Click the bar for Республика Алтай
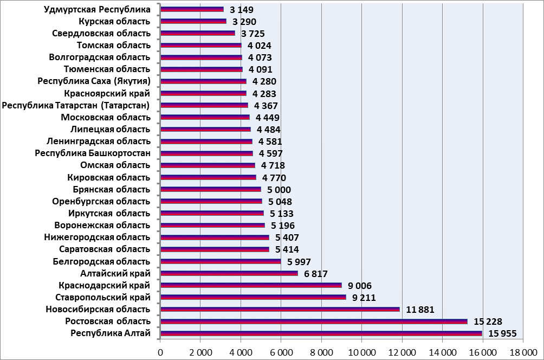321,333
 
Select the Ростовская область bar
314,322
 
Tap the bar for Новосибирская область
280,310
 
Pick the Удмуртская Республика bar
192,9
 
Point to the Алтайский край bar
229,273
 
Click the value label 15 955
503,333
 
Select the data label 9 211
364,298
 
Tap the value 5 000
279,190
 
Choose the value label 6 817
316,274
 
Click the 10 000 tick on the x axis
361,352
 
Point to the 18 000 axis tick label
522,352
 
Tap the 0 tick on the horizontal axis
160,352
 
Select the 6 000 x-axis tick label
281,352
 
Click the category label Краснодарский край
104,285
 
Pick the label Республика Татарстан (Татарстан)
76,105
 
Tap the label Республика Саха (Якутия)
94,81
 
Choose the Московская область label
106,117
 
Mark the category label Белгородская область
102,261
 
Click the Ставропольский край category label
103,297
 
